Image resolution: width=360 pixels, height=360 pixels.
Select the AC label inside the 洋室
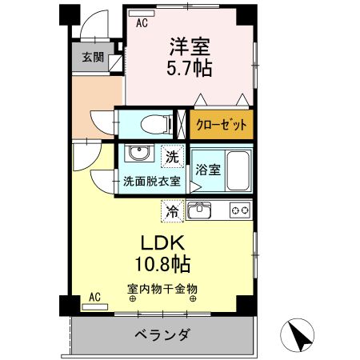point(142,23)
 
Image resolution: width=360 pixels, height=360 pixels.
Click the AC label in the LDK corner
point(94,297)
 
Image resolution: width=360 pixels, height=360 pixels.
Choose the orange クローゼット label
point(221,125)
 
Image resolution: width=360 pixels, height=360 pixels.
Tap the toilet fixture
point(149,124)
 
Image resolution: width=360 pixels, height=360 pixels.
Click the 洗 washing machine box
point(172,154)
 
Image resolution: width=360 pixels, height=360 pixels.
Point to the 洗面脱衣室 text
point(151,182)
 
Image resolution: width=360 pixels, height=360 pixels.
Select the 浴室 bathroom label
point(207,169)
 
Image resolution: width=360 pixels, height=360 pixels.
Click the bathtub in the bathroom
point(238,169)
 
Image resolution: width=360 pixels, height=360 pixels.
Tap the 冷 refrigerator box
point(171,212)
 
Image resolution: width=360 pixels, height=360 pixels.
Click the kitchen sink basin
point(199,211)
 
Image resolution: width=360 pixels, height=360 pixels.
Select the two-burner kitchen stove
point(239,211)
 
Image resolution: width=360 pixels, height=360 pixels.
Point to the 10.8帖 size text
point(166,263)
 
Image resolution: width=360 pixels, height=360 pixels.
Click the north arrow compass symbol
point(299,335)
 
